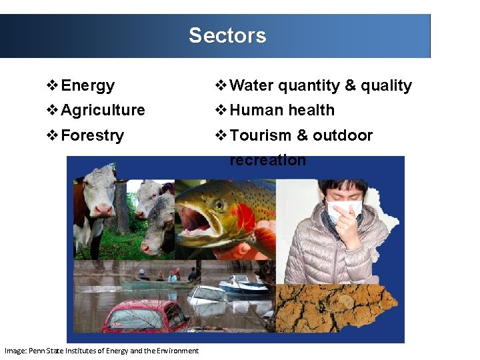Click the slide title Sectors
[x=227, y=35]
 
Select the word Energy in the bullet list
[x=87, y=86]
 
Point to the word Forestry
[x=92, y=136]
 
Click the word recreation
[x=267, y=161]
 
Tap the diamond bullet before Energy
[x=52, y=86]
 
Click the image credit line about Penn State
[x=101, y=351]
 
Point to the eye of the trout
[x=218, y=205]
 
